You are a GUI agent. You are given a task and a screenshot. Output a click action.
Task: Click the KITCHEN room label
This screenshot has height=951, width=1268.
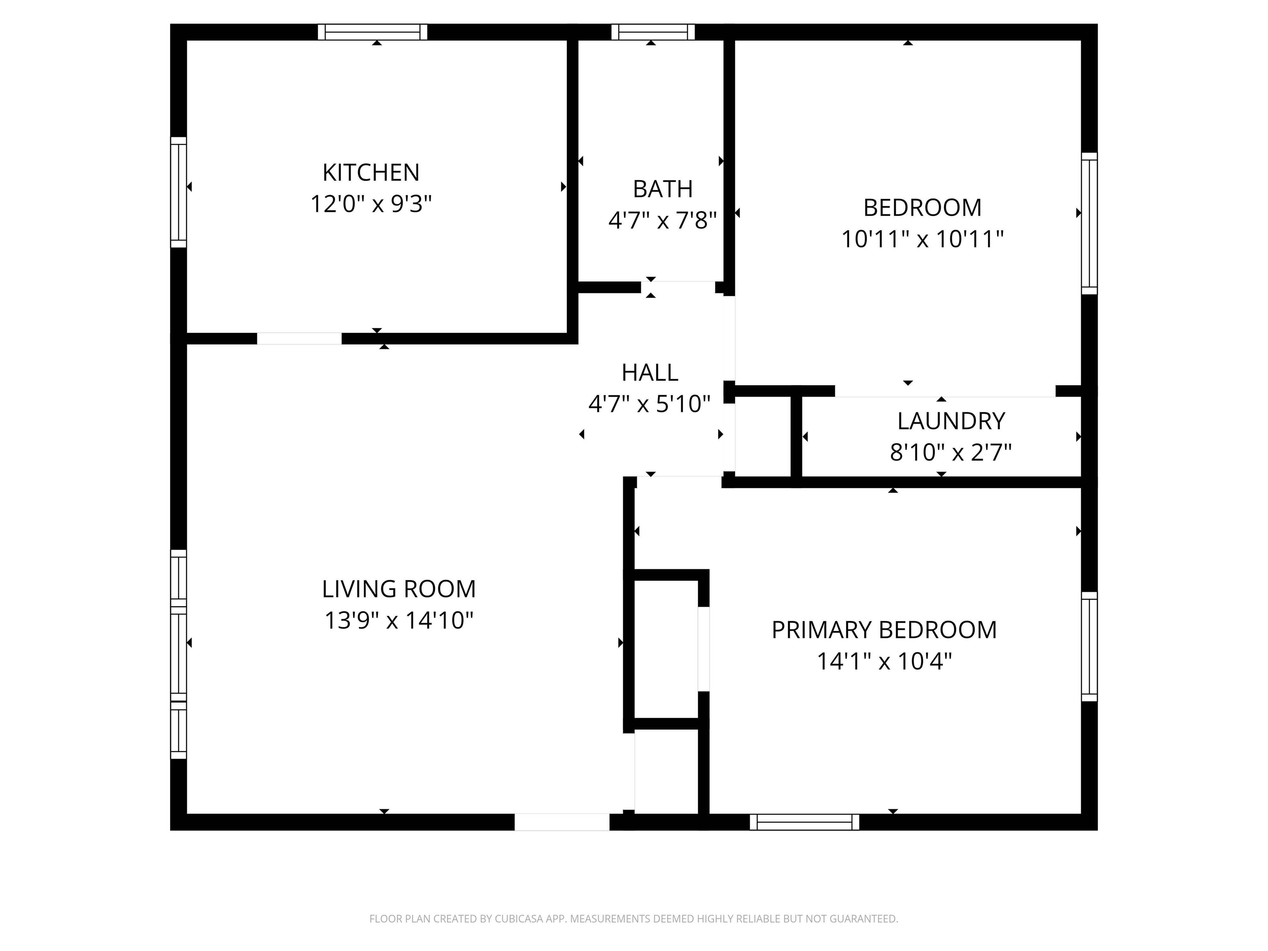pos(371,172)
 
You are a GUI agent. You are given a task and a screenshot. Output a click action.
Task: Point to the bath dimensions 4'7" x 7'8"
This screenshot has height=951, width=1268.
pos(663,220)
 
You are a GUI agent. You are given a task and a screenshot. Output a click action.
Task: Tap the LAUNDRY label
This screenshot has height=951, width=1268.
pos(951,421)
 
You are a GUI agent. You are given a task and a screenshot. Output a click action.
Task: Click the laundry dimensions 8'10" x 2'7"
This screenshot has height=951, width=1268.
pos(951,453)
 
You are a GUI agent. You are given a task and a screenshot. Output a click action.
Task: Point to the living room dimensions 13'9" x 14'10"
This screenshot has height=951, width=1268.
pos(399,620)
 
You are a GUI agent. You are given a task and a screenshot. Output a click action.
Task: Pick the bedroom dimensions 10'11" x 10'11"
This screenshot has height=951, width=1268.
pos(922,239)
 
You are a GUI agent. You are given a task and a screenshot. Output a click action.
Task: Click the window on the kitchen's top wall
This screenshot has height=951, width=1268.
pos(372,32)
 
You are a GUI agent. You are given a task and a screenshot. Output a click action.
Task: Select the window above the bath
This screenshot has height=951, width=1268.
pos(653,32)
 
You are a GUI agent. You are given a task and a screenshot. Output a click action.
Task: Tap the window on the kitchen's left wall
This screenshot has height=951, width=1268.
pos(179,193)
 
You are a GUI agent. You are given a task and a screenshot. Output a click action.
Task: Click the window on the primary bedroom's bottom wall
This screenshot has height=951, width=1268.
pos(805,822)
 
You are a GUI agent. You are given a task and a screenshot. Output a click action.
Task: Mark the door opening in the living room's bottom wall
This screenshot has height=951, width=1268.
pos(562,822)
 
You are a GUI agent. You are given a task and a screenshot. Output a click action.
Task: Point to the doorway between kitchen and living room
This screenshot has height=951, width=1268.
pos(299,339)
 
